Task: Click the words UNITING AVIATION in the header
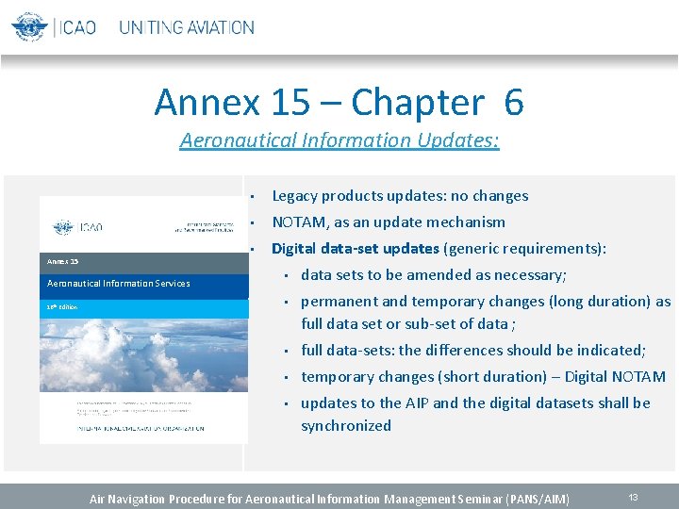click(186, 27)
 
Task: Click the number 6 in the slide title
click(513, 102)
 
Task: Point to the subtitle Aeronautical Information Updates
click(339, 140)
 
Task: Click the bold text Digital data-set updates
click(356, 249)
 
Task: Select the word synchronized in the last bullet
click(345, 425)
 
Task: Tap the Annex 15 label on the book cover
click(63, 261)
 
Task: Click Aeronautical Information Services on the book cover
click(119, 283)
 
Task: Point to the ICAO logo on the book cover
click(78, 227)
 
